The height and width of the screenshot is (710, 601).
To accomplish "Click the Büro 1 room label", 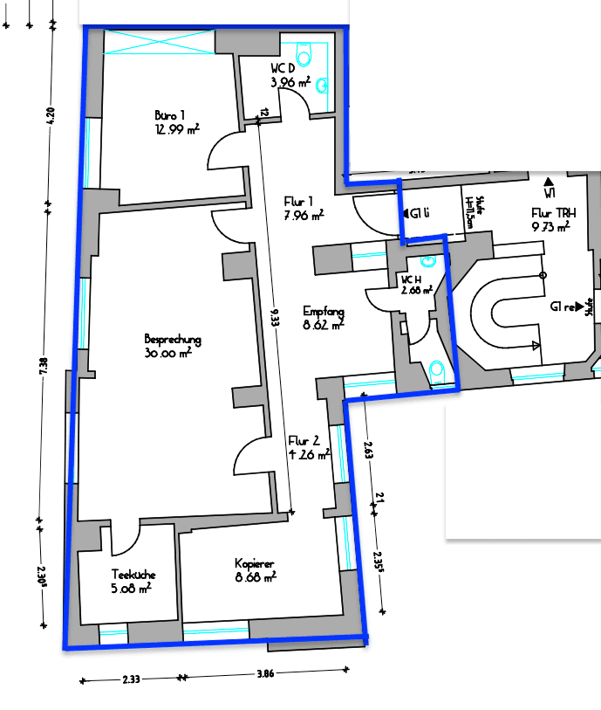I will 170,115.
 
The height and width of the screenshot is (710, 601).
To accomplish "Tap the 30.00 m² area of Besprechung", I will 173,354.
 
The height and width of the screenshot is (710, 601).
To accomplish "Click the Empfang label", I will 324,310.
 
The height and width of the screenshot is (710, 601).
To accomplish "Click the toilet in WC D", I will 304,54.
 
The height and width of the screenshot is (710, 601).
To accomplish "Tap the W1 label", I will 550,191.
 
